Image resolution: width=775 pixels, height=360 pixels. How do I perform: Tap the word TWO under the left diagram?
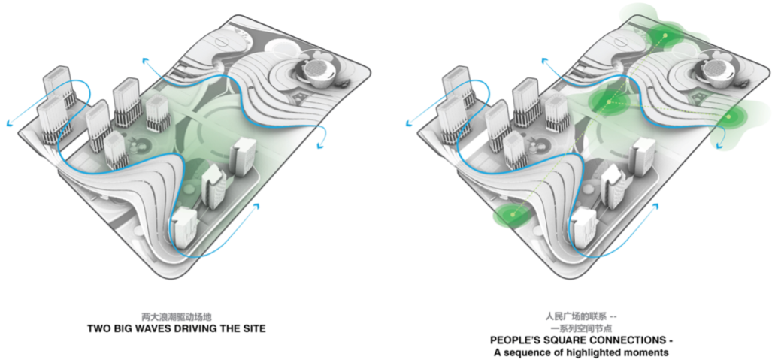[x=101, y=329]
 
